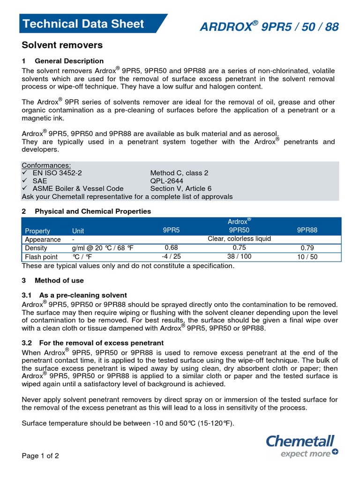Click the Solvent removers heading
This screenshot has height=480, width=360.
point(62,45)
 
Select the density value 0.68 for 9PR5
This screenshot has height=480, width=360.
point(171,247)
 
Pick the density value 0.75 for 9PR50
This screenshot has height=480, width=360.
point(239,247)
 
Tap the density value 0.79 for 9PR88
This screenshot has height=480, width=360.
point(307,248)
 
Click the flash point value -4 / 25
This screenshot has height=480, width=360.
point(171,256)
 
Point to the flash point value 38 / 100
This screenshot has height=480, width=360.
point(239,256)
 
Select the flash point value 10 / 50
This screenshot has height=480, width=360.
point(307,257)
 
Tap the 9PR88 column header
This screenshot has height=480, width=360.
point(307,230)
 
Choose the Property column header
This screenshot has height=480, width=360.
point(37,231)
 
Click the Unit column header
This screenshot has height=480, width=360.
point(78,231)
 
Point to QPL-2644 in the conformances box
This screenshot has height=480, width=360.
point(167,180)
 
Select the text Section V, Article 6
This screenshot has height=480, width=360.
point(178,188)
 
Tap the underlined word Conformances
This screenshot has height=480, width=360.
point(46,165)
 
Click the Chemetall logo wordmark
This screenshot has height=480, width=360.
point(300,441)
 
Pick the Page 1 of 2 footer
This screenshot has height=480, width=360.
point(40,456)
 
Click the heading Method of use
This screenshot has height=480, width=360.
point(59,280)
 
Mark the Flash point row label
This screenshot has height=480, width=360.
point(41,257)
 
